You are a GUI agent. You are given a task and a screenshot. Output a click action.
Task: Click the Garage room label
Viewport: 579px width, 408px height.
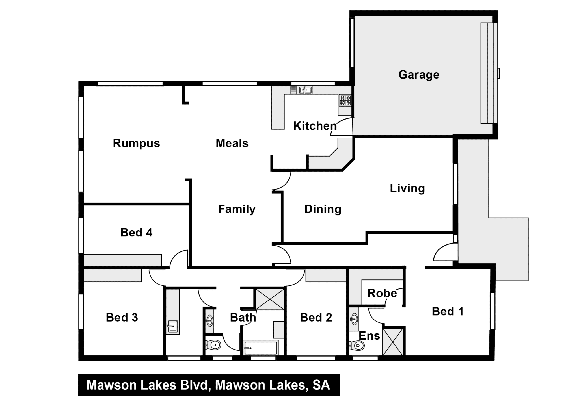pos(419,75)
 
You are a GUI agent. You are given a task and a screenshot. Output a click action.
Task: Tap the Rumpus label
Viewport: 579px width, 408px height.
pos(136,143)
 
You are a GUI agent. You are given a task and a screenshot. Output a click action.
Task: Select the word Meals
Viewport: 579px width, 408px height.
pos(232,143)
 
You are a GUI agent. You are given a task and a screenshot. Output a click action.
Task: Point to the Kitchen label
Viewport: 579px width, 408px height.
pos(315,126)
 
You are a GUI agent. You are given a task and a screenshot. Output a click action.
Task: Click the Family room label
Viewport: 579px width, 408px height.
pos(237,209)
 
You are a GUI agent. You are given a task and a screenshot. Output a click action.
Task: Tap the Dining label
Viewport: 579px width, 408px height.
pos(323,209)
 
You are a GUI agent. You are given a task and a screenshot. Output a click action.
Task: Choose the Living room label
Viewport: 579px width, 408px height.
pos(407,188)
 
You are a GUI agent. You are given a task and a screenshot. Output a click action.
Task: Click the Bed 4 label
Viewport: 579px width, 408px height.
pos(136,233)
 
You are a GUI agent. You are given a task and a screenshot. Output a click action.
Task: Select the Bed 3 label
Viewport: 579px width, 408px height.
pos(122,318)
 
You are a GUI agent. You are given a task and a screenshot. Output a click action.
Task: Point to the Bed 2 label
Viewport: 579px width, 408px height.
pos(316,318)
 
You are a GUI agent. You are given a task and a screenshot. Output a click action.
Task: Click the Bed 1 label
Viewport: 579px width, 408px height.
pos(448,312)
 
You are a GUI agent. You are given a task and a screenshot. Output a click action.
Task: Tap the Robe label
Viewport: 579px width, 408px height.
pos(382,293)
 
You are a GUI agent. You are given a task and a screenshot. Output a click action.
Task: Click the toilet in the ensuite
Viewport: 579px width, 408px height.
pos(357,345)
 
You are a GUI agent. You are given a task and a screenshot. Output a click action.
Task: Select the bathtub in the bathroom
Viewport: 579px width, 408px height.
pos(261,348)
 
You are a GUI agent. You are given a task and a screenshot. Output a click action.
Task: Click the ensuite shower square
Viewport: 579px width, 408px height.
pos(392,342)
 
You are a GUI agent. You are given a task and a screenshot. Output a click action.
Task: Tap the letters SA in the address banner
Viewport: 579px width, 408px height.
pos(321,385)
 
